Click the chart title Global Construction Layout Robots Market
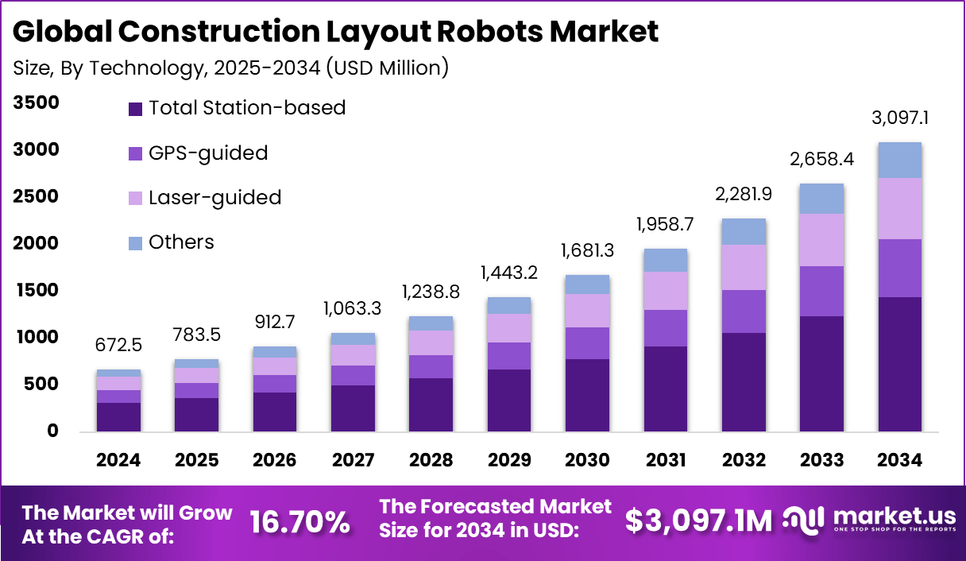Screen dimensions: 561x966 pyautogui.click(x=336, y=32)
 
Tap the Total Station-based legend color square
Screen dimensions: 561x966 pyautogui.click(x=135, y=108)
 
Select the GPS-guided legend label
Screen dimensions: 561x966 pyautogui.click(x=208, y=153)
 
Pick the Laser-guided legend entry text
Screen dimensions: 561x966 pyautogui.click(x=214, y=197)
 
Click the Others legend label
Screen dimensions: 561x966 pyautogui.click(x=181, y=242)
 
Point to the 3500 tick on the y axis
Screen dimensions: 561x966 pyautogui.click(x=36, y=103)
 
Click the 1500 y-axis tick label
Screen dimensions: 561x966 pyautogui.click(x=36, y=291)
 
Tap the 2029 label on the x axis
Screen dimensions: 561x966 pyautogui.click(x=508, y=460)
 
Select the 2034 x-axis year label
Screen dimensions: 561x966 pyautogui.click(x=900, y=460)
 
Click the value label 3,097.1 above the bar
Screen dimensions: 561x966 pyautogui.click(x=900, y=119)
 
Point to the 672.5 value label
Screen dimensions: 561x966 pyautogui.click(x=118, y=346)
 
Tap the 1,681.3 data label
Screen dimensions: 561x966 pyautogui.click(x=587, y=252)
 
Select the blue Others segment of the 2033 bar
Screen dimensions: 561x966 pyautogui.click(x=821, y=199)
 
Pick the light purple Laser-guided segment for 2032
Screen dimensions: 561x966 pyautogui.click(x=744, y=267)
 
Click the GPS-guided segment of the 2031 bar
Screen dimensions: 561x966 pyautogui.click(x=666, y=328)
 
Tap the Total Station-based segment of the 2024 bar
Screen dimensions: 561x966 pyautogui.click(x=118, y=416)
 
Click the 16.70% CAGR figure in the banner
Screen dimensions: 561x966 pyautogui.click(x=299, y=521)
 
